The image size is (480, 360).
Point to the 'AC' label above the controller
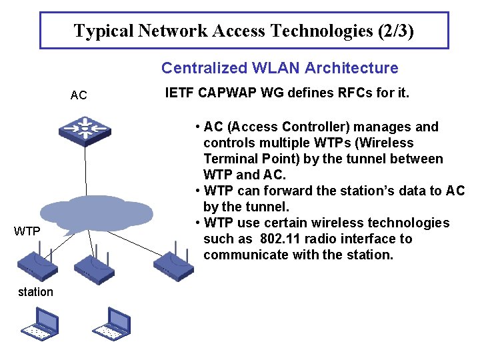(x=79, y=95)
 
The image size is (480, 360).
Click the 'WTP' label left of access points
(x=27, y=231)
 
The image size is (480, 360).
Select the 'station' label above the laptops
(x=35, y=292)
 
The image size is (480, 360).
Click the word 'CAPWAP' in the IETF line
(x=226, y=93)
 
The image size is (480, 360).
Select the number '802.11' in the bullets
(x=282, y=239)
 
